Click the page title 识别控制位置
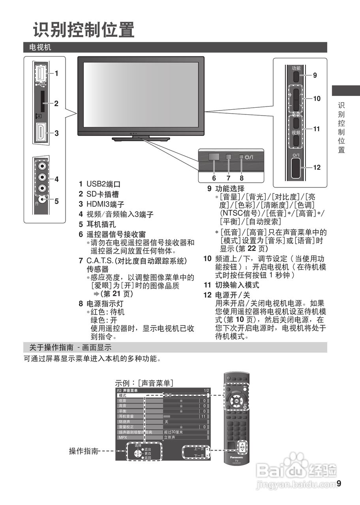coord(83,30)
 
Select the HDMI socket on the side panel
coord(41,133)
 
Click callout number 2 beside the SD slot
coord(56,103)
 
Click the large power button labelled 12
coord(296,167)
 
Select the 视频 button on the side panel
coord(296,132)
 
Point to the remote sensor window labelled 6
coord(214,156)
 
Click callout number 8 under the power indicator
coord(241,178)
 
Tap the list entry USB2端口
coord(103,184)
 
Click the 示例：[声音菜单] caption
coord(144,383)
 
